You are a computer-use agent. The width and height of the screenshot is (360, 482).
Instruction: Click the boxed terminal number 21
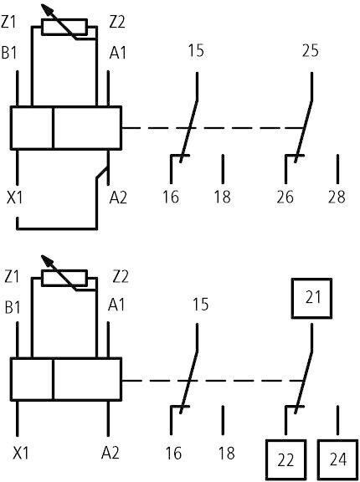coord(311,298)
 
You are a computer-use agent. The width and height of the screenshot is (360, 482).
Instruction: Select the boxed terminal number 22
coord(285,460)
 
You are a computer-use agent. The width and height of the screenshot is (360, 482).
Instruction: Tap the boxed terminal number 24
coord(338,460)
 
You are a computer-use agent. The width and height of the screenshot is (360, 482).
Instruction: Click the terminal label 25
coord(311,51)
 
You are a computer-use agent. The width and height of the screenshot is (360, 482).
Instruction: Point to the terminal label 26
coord(285,197)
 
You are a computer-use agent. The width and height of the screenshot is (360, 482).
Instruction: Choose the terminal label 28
coord(337,197)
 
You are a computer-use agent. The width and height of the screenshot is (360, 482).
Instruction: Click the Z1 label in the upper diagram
coord(8,23)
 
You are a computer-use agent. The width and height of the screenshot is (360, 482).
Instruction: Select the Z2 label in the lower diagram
coord(121,277)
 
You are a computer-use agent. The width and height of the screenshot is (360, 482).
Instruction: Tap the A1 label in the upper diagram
coord(118,53)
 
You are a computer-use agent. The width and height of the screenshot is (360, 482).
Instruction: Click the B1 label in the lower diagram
coord(13,306)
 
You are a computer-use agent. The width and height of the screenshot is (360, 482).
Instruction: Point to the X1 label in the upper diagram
coord(15,197)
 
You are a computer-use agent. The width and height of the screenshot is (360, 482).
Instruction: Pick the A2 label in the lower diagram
coord(110,453)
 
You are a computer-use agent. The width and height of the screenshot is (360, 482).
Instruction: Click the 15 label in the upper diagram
coord(196,51)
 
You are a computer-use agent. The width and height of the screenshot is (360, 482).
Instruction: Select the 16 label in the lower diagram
coord(173,453)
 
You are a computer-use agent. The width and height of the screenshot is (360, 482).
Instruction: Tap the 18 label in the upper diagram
coord(222,197)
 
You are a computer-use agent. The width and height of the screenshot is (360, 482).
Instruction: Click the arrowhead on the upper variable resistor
coord(47,9)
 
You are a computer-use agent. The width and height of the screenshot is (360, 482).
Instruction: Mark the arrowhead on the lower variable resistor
coord(47,261)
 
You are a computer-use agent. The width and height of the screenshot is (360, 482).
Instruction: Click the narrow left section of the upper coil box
coord(32,128)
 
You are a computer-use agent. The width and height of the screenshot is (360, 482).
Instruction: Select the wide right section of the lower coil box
coord(87,379)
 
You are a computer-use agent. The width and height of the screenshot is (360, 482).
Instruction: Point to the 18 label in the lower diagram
coord(227,453)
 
